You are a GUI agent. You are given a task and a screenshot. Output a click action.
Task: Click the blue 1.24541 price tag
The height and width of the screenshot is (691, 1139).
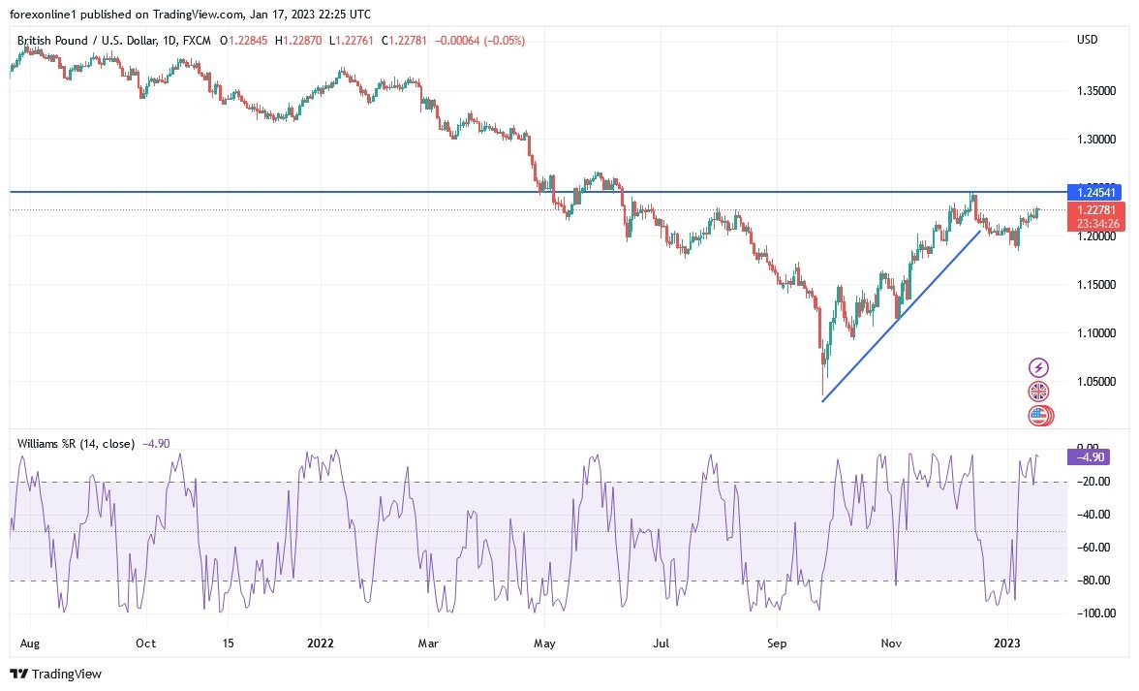[1091, 191]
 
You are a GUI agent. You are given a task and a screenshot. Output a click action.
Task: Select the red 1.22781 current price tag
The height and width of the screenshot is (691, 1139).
[1091, 209]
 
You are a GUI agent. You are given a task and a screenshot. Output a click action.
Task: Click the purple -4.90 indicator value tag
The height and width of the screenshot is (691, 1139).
[1086, 456]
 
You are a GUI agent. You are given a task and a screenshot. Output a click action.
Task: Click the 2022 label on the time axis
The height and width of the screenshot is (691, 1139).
[321, 643]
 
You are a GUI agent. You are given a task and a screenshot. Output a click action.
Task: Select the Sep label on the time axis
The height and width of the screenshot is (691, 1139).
[775, 643]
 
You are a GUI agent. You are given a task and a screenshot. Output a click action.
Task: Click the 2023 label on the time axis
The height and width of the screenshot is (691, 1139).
[1007, 643]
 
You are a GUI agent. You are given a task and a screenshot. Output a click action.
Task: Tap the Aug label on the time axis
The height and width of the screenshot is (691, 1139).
[28, 643]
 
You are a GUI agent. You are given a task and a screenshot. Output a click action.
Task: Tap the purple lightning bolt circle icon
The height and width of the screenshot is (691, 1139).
[1038, 367]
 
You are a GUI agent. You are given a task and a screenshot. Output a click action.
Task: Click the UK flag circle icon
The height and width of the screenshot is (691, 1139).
[1038, 392]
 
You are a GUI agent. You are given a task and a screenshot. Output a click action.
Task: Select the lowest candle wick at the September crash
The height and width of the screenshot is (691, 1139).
[822, 394]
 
